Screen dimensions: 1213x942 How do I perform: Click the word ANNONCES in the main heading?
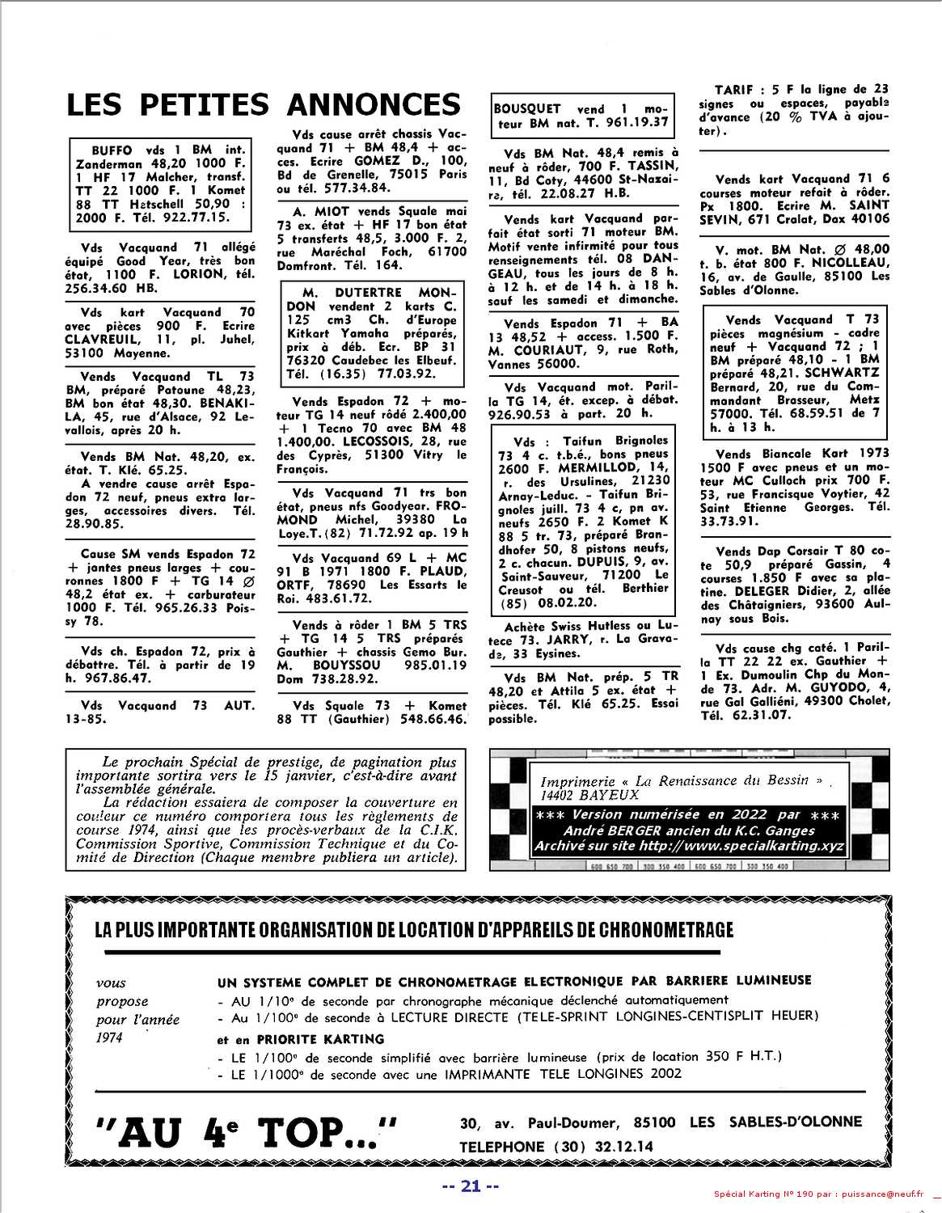pos(373,105)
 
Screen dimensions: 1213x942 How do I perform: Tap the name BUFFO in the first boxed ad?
pos(112,150)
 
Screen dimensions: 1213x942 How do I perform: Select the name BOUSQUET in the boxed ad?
pos(527,108)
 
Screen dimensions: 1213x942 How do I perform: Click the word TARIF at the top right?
pos(734,90)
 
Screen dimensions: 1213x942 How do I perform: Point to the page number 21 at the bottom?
pos(471,1186)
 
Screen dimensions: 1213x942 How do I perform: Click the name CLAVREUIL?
pos(102,340)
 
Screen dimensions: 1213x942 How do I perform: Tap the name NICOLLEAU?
pos(851,263)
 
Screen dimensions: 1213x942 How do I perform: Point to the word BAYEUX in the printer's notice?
pos(608,795)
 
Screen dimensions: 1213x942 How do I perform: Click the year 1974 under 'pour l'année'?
pos(109,1038)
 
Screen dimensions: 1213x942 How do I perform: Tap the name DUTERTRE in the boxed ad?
pos(368,292)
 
